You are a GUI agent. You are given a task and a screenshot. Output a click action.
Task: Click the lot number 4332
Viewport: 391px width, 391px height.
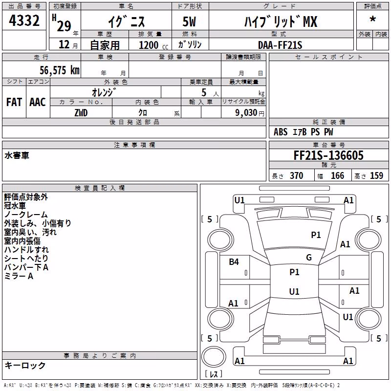pyautogui.click(x=24, y=21)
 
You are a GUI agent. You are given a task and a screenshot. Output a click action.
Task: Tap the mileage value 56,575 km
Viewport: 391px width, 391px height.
pyautogui.click(x=60, y=70)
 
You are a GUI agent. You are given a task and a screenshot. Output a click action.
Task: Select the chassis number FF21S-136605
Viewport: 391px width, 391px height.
pyautogui.click(x=328, y=155)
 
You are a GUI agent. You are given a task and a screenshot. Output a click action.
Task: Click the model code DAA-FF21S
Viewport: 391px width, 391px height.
pyautogui.click(x=280, y=45)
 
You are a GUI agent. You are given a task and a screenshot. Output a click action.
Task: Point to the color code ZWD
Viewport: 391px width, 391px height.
pyautogui.click(x=81, y=113)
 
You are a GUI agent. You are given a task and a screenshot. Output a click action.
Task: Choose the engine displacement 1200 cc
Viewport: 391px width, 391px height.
pyautogui.click(x=153, y=45)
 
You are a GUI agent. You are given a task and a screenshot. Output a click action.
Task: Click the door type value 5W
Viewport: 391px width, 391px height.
pyautogui.click(x=189, y=22)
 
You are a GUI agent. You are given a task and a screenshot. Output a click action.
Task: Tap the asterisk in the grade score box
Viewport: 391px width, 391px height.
pyautogui.click(x=373, y=19)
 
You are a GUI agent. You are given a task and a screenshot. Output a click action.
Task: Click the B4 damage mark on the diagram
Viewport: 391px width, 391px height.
pyautogui.click(x=234, y=262)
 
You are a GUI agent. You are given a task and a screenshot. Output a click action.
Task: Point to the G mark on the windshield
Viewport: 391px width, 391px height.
pyautogui.click(x=309, y=258)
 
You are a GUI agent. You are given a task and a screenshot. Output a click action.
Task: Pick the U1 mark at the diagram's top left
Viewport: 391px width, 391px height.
pyautogui.click(x=239, y=200)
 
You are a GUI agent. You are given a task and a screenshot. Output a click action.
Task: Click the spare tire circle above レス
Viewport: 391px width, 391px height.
pyautogui.click(x=214, y=356)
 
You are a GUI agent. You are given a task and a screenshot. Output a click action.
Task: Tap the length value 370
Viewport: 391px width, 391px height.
pyautogui.click(x=297, y=175)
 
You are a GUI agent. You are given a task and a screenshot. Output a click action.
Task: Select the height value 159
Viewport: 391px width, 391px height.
pyautogui.click(x=376, y=175)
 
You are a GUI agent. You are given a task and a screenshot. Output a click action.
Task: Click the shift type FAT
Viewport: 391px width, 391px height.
pyautogui.click(x=14, y=102)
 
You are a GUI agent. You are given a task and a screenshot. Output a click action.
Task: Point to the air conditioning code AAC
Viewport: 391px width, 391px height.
pyautogui.click(x=38, y=102)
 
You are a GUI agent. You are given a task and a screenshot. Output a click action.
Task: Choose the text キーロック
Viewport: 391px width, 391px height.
pyautogui.click(x=25, y=366)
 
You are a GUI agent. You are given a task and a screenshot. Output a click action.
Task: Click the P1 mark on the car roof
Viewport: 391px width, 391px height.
pyautogui.click(x=294, y=272)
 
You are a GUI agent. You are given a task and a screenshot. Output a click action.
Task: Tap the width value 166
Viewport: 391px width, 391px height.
pyautogui.click(x=337, y=175)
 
